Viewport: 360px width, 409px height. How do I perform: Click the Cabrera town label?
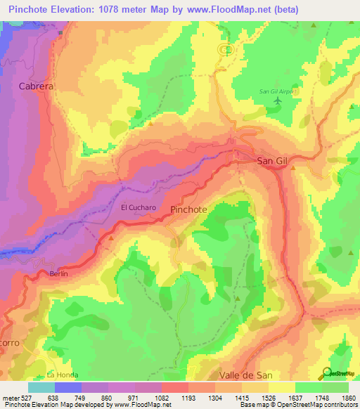pos(37,86)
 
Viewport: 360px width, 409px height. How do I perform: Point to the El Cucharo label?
pos(138,207)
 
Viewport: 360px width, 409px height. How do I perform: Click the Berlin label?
pos(58,273)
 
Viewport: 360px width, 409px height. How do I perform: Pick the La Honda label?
pos(60,375)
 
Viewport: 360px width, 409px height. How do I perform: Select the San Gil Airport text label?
pos(279,91)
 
